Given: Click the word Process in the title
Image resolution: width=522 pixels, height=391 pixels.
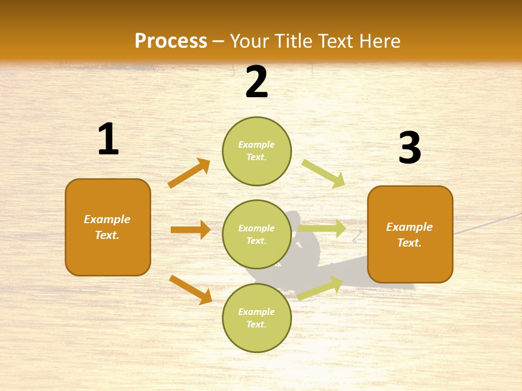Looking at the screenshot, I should (x=171, y=41).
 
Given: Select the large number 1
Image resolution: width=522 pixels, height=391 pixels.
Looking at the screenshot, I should (x=108, y=139).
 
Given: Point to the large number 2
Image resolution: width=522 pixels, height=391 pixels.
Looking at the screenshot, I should (x=257, y=82).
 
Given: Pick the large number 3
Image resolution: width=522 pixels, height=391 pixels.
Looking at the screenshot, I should (x=409, y=148).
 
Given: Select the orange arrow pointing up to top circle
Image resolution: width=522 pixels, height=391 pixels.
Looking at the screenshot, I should (x=189, y=173).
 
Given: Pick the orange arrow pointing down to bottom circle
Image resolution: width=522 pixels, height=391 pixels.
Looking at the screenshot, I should (x=190, y=289).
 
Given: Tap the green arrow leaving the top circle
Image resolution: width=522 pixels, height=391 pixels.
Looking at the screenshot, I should (x=324, y=174).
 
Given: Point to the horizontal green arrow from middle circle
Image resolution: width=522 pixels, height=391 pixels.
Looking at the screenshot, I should (x=322, y=229).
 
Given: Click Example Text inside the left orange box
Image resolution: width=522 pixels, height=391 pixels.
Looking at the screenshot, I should (x=107, y=227).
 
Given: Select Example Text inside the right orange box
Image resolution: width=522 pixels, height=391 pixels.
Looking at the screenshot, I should (x=409, y=235).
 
